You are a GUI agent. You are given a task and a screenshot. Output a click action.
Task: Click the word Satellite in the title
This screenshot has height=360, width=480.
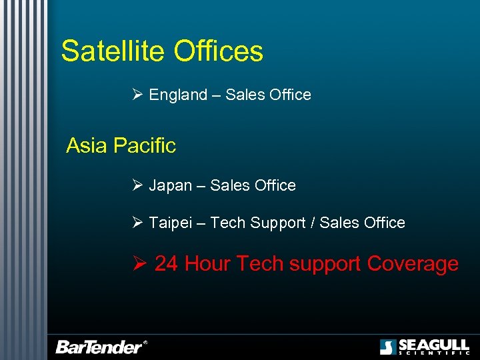(113, 51)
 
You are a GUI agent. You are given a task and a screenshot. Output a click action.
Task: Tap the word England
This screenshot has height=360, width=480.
(178, 95)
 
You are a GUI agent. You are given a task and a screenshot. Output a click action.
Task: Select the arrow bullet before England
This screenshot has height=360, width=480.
(137, 95)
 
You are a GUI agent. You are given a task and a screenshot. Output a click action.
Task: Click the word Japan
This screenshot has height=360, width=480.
(170, 186)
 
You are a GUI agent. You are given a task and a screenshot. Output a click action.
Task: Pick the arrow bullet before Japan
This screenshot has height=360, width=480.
(137, 185)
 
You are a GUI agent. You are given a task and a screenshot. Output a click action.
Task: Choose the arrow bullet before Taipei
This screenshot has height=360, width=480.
(137, 222)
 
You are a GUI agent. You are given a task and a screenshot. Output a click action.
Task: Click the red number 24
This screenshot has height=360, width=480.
(167, 264)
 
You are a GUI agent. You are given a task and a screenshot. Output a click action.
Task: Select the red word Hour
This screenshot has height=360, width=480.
(207, 264)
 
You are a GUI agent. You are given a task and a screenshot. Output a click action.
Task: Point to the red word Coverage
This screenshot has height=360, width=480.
(413, 265)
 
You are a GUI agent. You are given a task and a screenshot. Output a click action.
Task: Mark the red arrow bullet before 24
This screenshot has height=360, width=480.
(139, 263)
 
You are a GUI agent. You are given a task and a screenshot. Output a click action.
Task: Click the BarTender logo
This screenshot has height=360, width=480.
(99, 347)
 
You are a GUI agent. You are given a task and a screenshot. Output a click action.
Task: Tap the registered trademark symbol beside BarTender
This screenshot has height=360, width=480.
(145, 343)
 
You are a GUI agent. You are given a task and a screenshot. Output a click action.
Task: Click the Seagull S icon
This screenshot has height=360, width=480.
(388, 347)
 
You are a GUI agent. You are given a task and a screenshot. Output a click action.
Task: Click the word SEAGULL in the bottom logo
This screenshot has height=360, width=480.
(433, 345)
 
